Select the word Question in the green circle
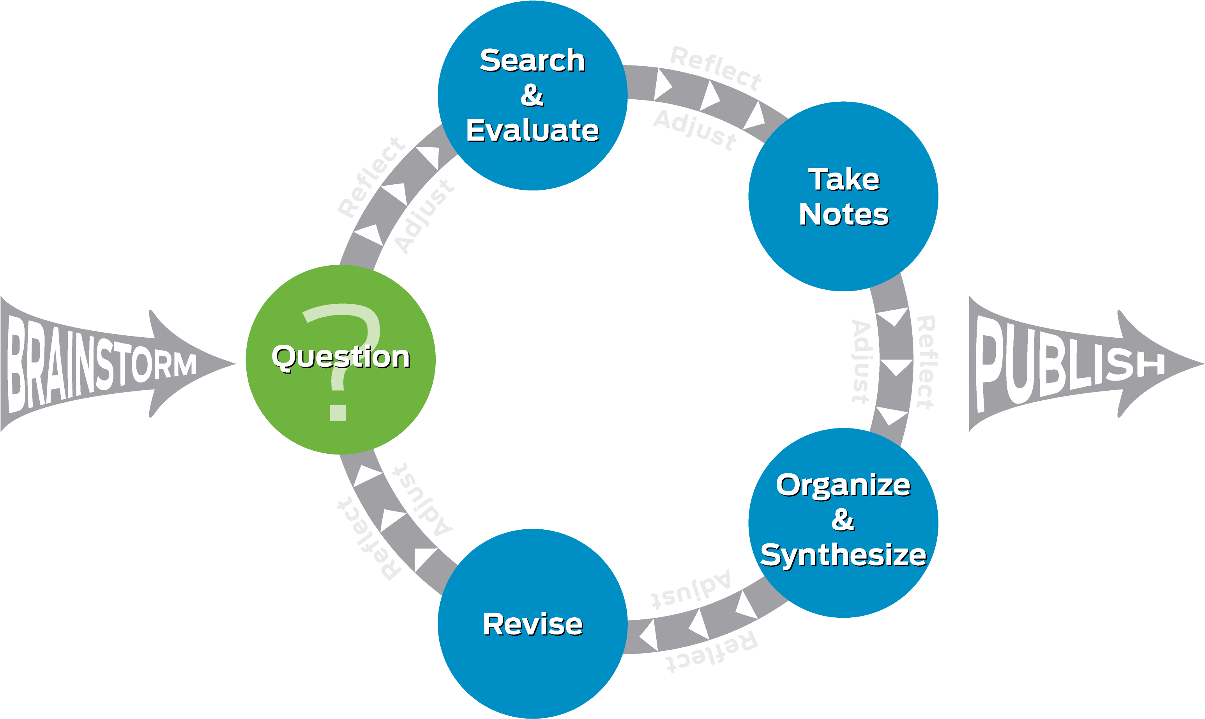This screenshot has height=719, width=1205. click(x=341, y=357)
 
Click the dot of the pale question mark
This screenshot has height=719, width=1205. click(x=337, y=412)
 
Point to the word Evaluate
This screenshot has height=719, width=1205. click(x=532, y=130)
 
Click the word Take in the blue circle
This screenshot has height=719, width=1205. click(x=843, y=180)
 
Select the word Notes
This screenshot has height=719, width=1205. click(x=843, y=214)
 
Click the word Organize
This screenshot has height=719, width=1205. click(x=843, y=485)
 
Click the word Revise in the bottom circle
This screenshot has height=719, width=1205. click(x=532, y=624)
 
